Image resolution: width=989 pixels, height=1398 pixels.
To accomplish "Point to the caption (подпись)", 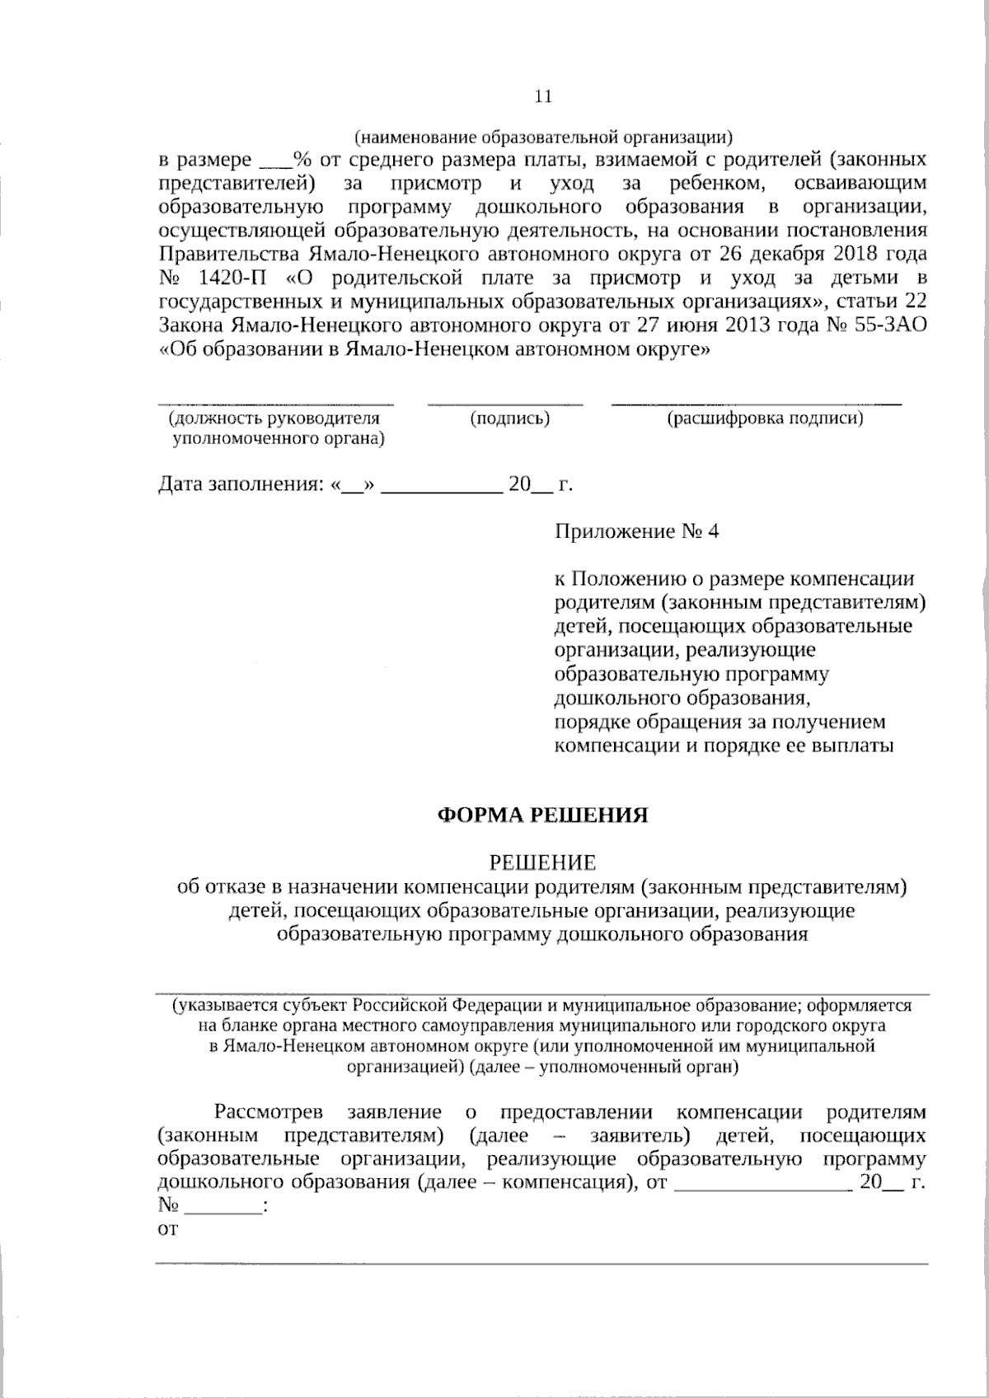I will [x=509, y=419].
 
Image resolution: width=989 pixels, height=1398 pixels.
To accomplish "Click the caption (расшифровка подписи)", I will [x=765, y=419].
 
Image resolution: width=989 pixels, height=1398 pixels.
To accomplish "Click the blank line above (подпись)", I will [x=504, y=403].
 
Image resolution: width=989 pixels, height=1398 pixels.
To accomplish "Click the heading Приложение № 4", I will [x=636, y=531].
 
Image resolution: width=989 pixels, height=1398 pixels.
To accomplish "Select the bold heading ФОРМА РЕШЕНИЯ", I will [x=542, y=816].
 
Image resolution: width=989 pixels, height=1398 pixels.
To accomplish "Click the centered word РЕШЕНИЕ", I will [x=542, y=863].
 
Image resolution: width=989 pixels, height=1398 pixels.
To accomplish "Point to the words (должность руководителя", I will [x=274, y=419].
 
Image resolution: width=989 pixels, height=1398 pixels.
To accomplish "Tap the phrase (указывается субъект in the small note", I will [x=260, y=1007].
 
